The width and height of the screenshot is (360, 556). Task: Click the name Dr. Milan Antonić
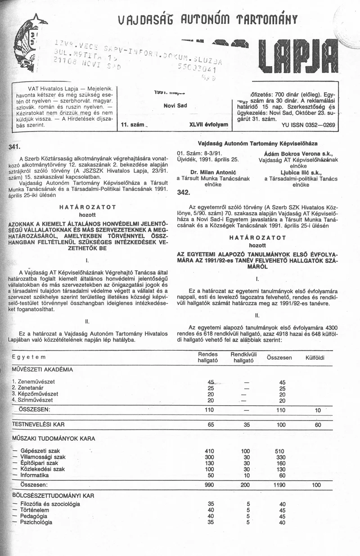207,172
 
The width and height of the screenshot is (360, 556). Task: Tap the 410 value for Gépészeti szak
209,451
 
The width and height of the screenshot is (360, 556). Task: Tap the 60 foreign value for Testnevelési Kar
318,425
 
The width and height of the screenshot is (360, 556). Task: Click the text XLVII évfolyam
209,123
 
